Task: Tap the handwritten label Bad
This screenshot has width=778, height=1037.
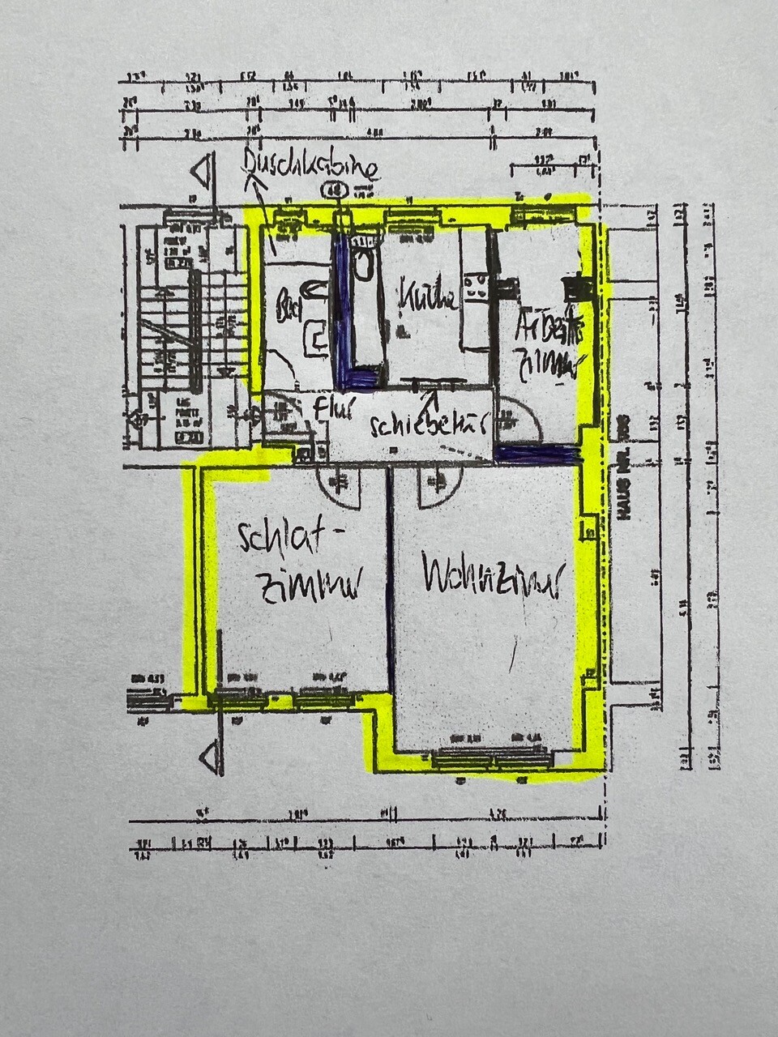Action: [x=287, y=307]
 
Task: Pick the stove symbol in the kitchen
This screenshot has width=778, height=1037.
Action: [x=474, y=288]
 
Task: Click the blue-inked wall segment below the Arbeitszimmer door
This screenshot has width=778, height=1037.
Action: [x=535, y=454]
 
